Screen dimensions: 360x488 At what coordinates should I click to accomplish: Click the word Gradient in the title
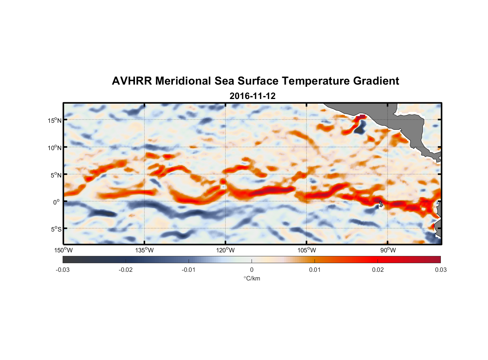[376, 81]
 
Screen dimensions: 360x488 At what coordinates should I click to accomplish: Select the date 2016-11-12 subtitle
[252, 96]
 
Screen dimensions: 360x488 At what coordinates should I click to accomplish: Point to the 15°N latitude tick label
[54, 120]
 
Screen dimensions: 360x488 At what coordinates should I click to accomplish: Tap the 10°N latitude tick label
[54, 148]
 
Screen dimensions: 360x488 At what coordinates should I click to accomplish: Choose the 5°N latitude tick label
[56, 175]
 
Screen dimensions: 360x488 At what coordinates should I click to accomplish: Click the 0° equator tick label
[57, 202]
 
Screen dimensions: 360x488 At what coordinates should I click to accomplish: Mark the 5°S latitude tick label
[56, 229]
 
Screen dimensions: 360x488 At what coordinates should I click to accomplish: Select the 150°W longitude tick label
[64, 250]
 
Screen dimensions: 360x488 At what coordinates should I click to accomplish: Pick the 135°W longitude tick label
[145, 250]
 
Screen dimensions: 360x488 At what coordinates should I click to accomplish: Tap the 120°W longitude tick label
[226, 250]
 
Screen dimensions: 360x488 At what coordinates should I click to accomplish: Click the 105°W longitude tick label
[307, 250]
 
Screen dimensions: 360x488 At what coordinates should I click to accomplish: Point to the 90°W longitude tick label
[388, 250]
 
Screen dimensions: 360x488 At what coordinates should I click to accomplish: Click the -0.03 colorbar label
[63, 270]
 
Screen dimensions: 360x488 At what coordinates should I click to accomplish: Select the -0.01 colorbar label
[189, 270]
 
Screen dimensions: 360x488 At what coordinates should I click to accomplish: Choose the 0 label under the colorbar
[252, 270]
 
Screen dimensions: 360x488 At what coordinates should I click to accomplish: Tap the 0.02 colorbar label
[378, 270]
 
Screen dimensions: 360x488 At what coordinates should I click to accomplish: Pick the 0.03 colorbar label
[440, 270]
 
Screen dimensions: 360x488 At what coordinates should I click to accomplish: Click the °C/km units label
[252, 278]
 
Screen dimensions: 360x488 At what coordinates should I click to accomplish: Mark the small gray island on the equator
[381, 204]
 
